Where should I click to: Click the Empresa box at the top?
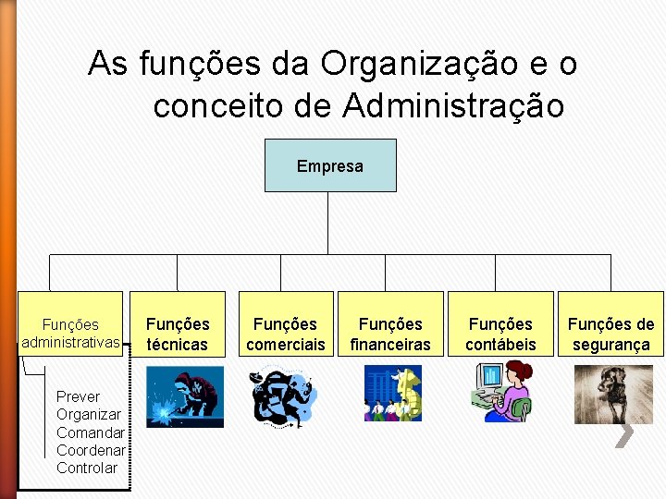point(330,166)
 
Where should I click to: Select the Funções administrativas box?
point(70,334)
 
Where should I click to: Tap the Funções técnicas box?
point(178,334)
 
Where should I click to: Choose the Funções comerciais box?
point(285,334)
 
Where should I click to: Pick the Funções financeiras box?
point(389,334)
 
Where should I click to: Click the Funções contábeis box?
point(500,334)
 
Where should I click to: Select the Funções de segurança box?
point(610,334)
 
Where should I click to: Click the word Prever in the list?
point(78,396)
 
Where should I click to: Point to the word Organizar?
point(89,415)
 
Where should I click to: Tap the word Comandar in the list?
point(91,432)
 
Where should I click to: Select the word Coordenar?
point(91,450)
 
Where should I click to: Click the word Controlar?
point(87,468)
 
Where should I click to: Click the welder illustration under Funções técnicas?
point(185,397)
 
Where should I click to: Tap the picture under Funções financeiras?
point(392,394)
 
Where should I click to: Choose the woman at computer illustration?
point(500,392)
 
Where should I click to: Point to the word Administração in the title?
point(452,106)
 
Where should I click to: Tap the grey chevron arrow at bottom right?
point(625,434)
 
